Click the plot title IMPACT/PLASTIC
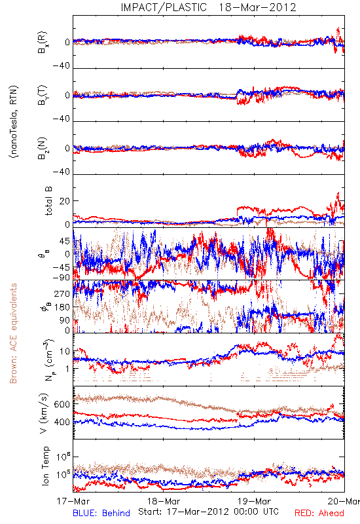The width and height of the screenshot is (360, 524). pos(164,7)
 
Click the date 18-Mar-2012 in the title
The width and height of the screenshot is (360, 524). pos(257,7)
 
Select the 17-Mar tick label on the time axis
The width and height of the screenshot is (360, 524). pos(73,501)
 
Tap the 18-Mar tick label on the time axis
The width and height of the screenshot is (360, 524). pos(164,501)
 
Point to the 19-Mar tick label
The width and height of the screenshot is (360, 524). pos(254,501)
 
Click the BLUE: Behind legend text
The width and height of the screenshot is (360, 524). pos(101,513)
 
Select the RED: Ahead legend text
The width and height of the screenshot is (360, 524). pos(319,513)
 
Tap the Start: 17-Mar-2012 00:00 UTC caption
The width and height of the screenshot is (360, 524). pos(208,512)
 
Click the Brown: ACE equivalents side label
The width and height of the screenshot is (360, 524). pos(13,333)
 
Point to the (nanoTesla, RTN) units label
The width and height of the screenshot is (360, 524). pos(14,122)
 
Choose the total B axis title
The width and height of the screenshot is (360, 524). pos(48,201)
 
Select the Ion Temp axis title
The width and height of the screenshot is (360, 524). pos(46,466)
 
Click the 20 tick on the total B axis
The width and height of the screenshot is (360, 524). pos(65,201)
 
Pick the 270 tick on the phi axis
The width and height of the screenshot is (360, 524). pos(62,293)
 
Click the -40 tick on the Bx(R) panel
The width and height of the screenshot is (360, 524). pos(61,66)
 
